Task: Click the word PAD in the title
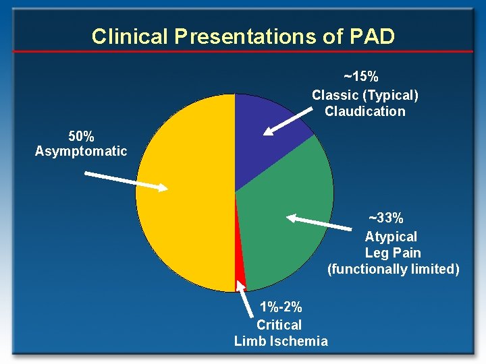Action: [372, 36]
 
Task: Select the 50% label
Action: [81, 135]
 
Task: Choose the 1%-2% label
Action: [281, 307]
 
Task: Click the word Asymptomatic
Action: [81, 152]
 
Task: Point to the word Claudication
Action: [365, 111]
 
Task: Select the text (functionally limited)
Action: [393, 269]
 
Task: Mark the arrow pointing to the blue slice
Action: [288, 122]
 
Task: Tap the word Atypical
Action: [391, 237]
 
